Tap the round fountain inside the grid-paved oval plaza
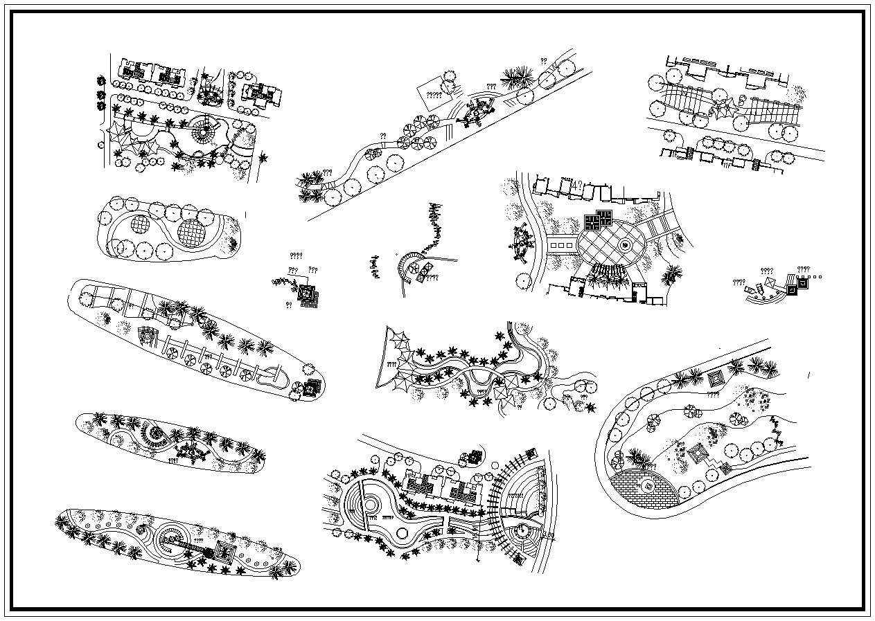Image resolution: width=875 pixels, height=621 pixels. coord(625,244)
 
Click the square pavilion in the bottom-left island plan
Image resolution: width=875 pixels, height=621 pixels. coord(223,551)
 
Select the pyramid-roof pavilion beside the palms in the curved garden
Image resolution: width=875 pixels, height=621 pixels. coord(714,378)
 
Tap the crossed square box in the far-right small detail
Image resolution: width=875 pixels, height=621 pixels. coord(803,282)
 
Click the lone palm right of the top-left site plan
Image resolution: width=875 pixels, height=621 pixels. coord(263,158)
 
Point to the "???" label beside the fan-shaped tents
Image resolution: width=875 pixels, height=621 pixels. coord(391,363)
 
